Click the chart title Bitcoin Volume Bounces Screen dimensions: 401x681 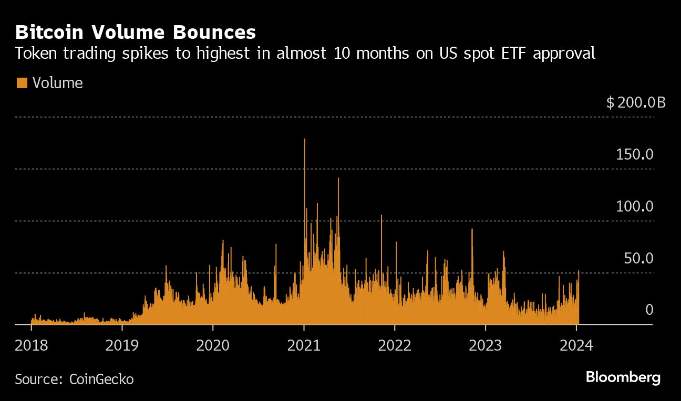pyautogui.click(x=136, y=33)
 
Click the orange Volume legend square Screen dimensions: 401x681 pyautogui.click(x=22, y=83)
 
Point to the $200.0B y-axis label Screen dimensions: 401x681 pyautogui.click(x=635, y=102)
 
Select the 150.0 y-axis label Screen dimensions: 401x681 pyautogui.click(x=634, y=155)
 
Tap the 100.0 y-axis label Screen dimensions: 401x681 pyautogui.click(x=634, y=206)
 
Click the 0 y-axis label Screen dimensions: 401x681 pyautogui.click(x=649, y=310)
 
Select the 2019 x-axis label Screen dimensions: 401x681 pyautogui.click(x=122, y=345)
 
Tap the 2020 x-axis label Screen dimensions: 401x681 pyautogui.click(x=213, y=345)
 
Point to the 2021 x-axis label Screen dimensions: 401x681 pyautogui.click(x=304, y=345)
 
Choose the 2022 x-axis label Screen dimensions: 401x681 pyautogui.click(x=395, y=345)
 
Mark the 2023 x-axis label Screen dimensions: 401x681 pyautogui.click(x=486, y=345)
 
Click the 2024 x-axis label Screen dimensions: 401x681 pyautogui.click(x=576, y=345)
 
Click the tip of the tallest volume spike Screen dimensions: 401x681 pyautogui.click(x=305, y=140)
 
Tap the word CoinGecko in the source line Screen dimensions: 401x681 pyautogui.click(x=101, y=379)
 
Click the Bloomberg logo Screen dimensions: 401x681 pyautogui.click(x=623, y=377)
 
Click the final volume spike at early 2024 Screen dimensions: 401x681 pyautogui.click(x=579, y=272)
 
